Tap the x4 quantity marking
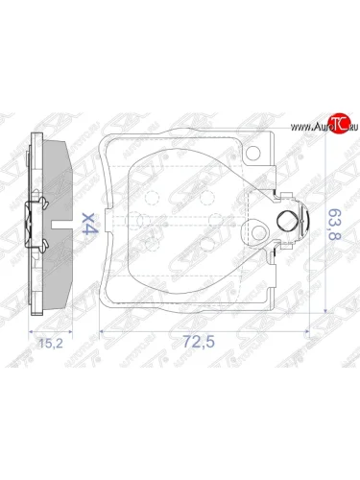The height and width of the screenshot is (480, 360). pos(88,226)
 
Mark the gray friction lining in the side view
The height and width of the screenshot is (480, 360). pos(58,192)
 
